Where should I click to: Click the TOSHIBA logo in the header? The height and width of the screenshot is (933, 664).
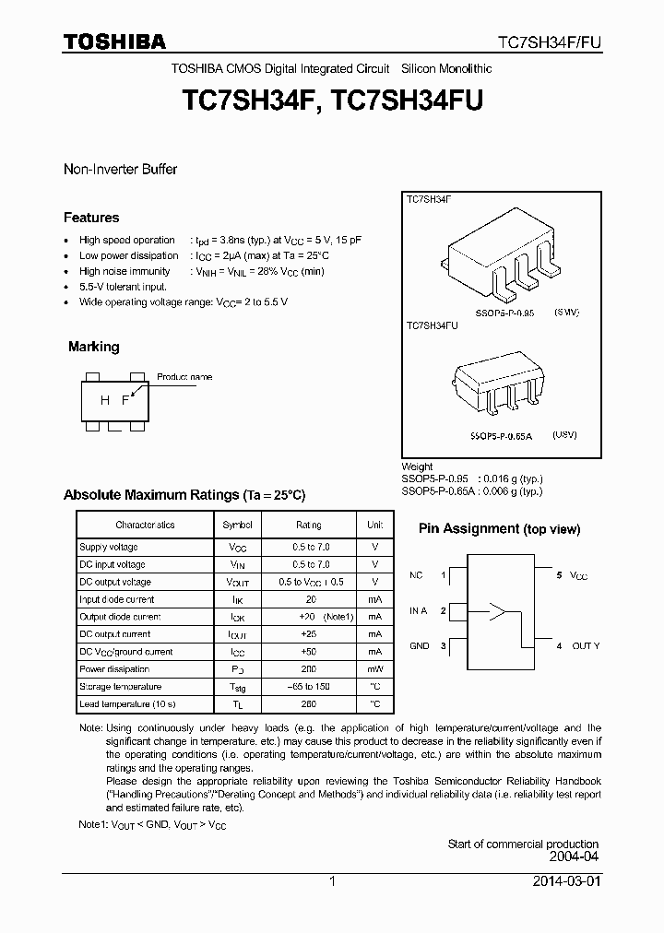(114, 41)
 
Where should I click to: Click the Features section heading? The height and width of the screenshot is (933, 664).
(91, 218)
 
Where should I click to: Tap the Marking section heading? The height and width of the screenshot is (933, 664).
(93, 347)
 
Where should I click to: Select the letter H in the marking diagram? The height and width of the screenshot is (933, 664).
(105, 399)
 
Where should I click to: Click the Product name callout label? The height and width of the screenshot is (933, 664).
(184, 377)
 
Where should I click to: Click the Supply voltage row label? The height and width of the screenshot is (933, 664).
(108, 547)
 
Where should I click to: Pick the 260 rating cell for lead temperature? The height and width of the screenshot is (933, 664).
(308, 704)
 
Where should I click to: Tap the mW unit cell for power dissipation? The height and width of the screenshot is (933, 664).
(374, 669)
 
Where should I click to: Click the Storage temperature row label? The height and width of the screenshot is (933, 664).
(120, 687)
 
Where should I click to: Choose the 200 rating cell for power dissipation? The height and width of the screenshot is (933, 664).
(308, 669)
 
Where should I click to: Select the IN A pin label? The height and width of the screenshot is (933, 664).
(418, 610)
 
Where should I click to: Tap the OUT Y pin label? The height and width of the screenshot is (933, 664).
(586, 646)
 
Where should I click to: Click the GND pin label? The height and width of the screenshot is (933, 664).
(420, 646)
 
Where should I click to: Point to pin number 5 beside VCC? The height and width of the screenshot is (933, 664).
(559, 575)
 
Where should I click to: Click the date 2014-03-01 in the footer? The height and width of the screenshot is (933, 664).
(566, 881)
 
